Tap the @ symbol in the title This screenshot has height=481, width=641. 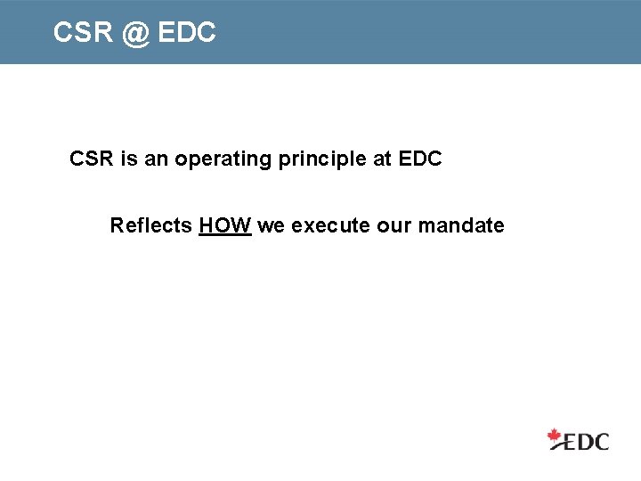[135, 34]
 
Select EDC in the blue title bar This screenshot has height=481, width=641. [187, 33]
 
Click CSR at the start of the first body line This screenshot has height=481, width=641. [92, 159]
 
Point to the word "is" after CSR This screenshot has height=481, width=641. [129, 159]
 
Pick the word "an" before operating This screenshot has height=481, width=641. [157, 159]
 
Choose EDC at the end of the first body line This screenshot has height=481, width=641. [420, 159]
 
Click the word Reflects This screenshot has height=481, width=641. [150, 225]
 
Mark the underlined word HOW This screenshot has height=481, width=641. [225, 225]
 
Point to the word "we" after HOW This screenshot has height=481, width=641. [271, 225]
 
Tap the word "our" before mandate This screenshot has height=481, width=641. [394, 225]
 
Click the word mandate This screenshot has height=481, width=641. [461, 225]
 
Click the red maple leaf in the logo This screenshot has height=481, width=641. [555, 436]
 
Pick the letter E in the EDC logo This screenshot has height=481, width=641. [571, 440]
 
